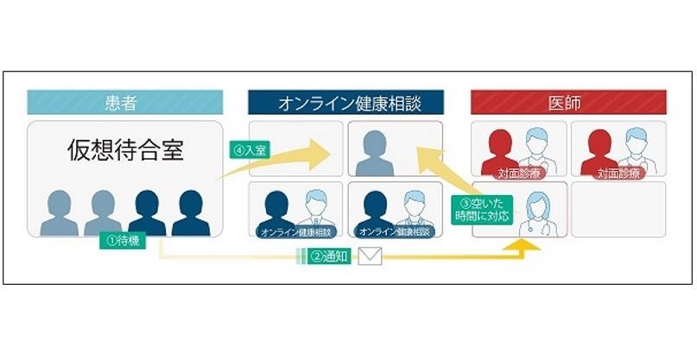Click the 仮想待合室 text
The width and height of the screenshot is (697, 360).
126,150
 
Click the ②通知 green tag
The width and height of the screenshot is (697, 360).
328,256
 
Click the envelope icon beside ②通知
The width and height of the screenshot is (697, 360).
370,256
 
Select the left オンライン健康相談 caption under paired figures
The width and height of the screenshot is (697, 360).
295,231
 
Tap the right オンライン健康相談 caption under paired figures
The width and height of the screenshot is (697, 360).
394,231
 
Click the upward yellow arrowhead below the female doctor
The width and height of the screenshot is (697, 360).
523,246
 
